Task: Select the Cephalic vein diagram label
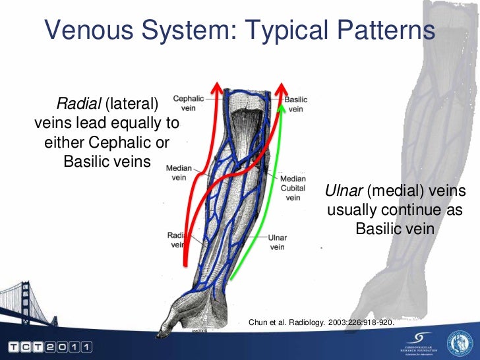click(x=188, y=104)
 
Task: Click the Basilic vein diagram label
click(x=296, y=104)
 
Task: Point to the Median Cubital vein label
click(x=293, y=188)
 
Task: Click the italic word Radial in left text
click(x=76, y=104)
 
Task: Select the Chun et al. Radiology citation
click(x=320, y=322)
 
